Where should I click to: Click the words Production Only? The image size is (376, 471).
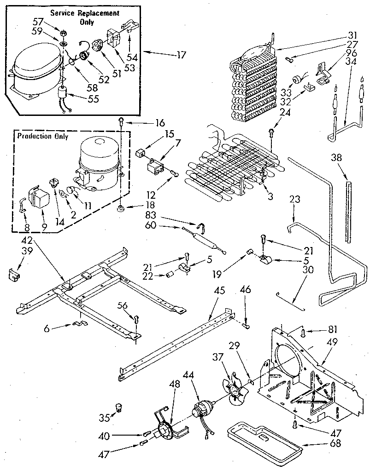[42, 136]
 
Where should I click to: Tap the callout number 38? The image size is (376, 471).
[336, 156]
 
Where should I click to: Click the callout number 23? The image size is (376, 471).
[295, 199]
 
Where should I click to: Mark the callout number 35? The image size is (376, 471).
[105, 417]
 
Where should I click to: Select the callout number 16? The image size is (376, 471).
[159, 122]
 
